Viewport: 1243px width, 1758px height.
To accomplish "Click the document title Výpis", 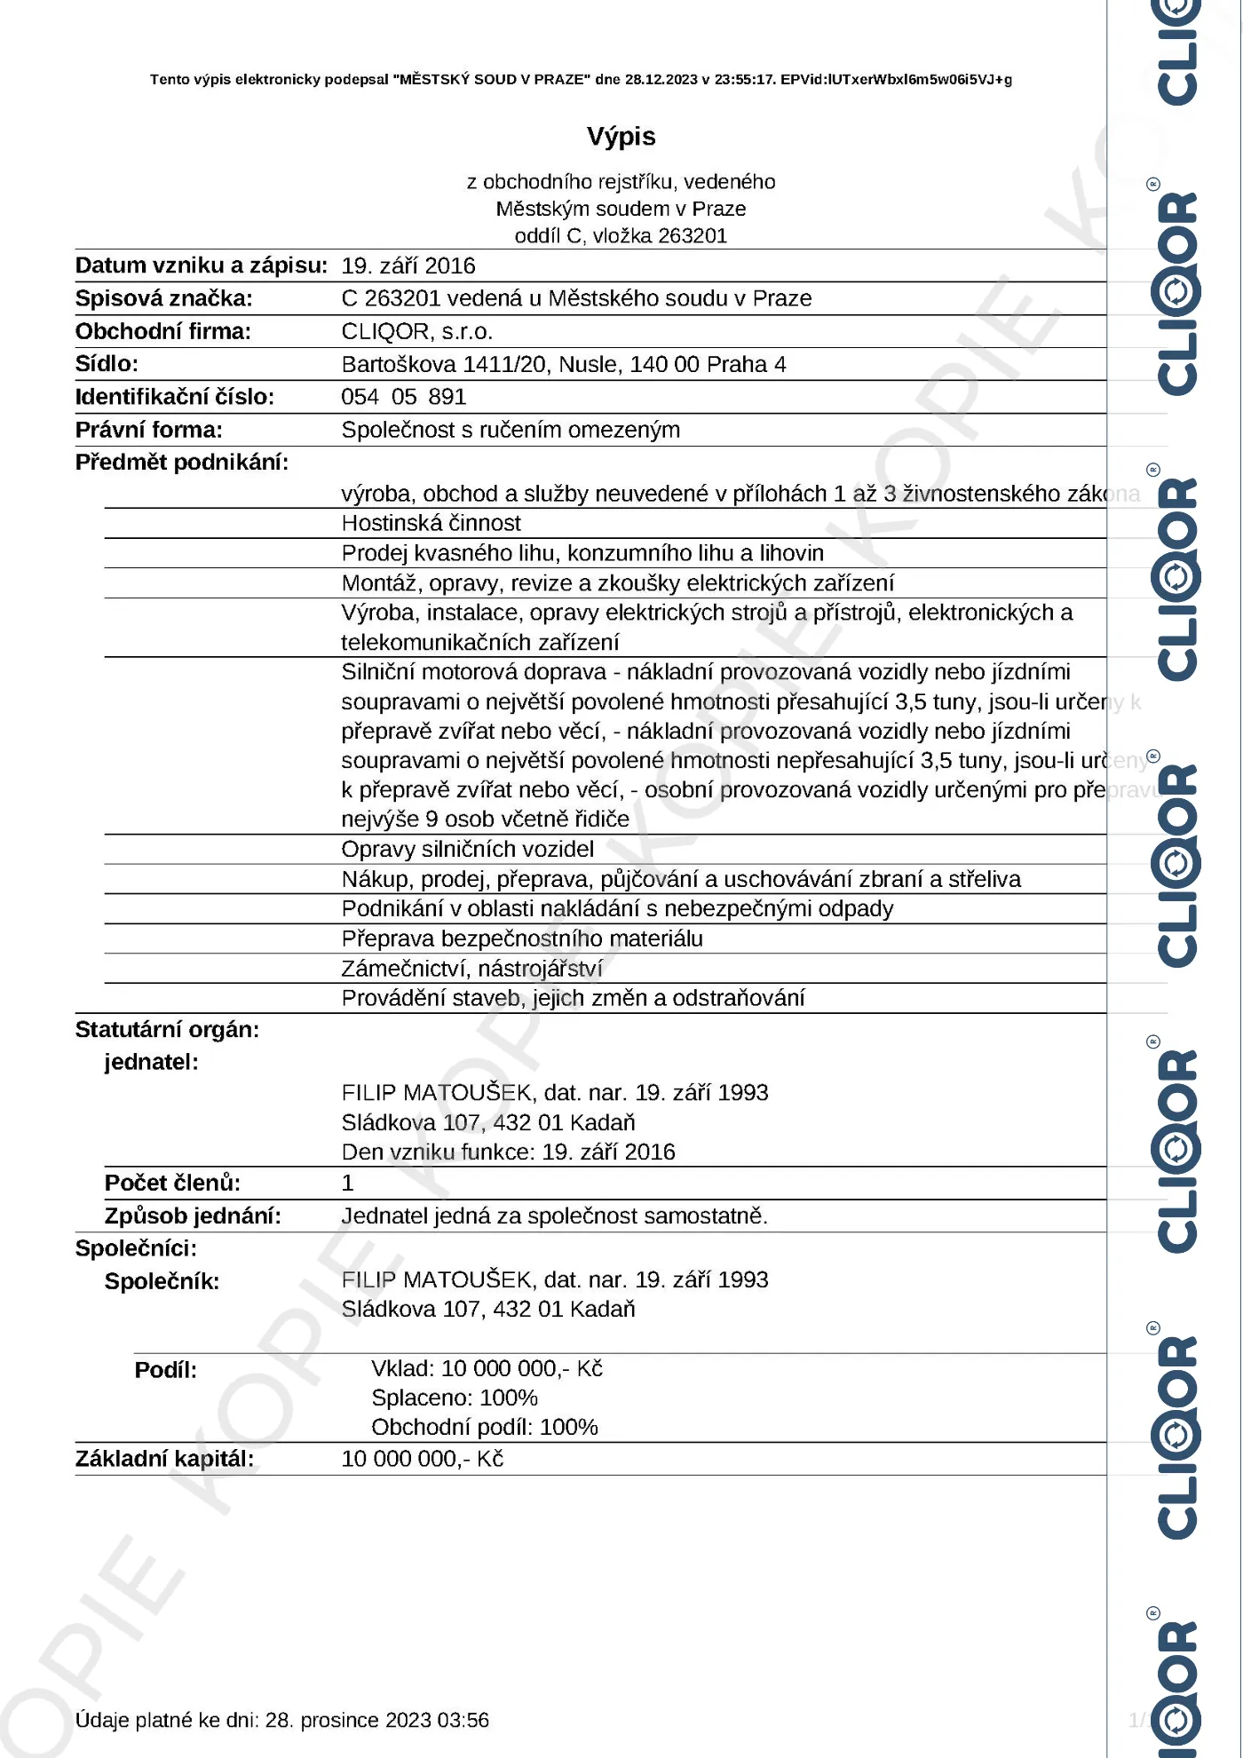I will coord(621,136).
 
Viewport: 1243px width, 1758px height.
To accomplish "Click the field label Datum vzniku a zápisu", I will coord(201,265).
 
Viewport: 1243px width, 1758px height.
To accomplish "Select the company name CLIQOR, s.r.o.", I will coord(416,331).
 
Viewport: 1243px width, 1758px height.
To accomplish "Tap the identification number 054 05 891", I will coord(403,397).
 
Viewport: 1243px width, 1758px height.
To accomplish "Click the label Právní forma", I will coord(148,430).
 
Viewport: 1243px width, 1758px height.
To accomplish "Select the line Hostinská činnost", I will coord(431,523).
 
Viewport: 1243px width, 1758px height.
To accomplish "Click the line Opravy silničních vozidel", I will coord(467,849).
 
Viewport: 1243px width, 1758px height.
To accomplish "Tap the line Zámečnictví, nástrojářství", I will coord(471,968).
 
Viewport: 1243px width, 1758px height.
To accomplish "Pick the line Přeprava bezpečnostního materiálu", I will coord(521,938).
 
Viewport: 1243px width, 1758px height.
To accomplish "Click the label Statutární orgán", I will coord(167,1029).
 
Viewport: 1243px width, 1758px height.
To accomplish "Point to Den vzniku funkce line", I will coord(508,1152).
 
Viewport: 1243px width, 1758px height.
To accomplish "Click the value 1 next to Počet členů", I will coord(348,1183).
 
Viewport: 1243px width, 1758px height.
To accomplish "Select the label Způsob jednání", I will coord(192,1216).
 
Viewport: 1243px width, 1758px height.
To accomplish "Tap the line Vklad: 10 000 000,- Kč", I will coord(487,1368).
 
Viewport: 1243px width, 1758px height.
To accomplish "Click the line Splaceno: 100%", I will coord(454,1398).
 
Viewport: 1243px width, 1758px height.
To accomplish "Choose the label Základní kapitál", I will coord(164,1459).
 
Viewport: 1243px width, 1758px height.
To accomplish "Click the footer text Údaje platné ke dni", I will coord(281,1720).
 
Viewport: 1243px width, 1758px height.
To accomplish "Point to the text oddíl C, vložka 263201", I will coord(621,235).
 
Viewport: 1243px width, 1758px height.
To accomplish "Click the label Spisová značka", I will coord(163,298).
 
